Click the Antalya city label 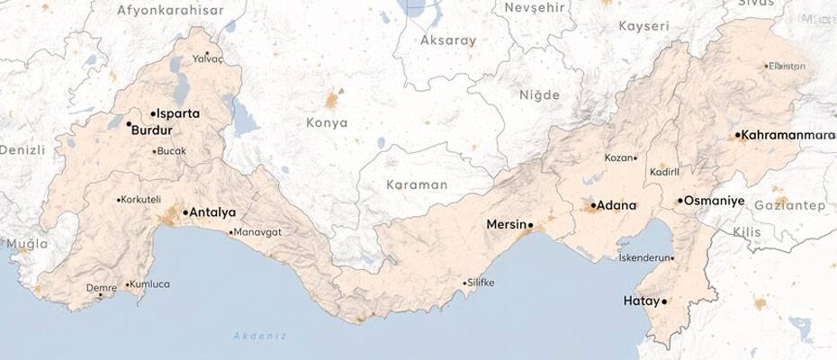213,213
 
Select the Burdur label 151,130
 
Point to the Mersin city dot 531,224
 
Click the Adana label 616,205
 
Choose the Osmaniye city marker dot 679,200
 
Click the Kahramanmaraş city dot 738,135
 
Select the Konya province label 326,122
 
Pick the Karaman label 416,184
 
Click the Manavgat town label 258,232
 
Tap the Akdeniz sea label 259,336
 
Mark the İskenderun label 645,257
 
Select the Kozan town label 618,158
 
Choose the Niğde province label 539,94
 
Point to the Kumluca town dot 127,285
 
